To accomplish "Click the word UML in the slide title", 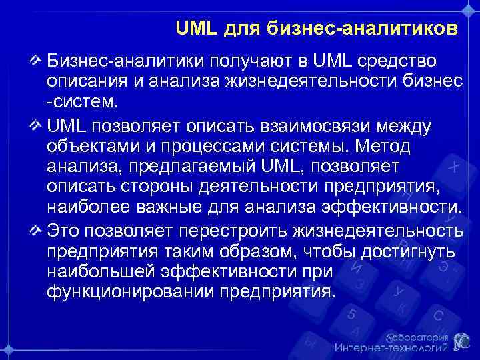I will tap(193, 29).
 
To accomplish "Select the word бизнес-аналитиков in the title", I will tap(364, 29).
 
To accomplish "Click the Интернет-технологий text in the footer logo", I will tap(390, 347).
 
